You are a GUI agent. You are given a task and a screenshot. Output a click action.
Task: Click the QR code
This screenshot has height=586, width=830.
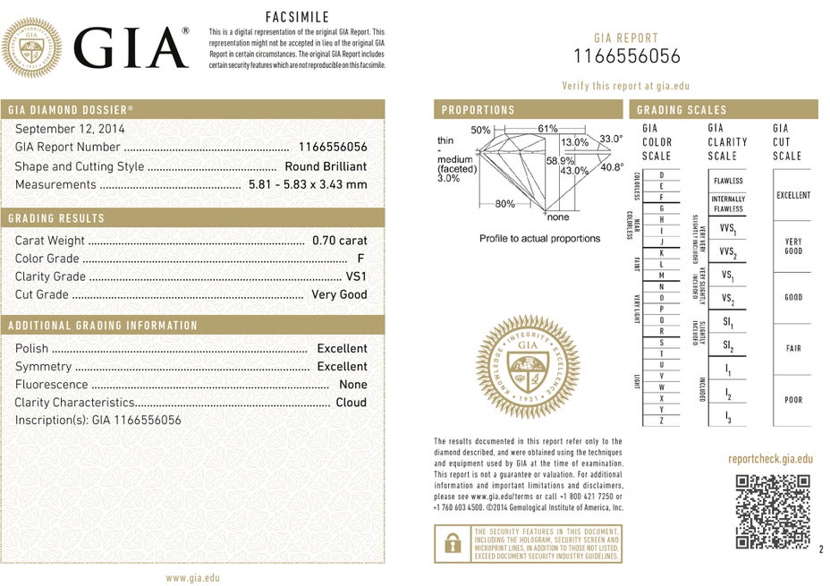coord(773,511)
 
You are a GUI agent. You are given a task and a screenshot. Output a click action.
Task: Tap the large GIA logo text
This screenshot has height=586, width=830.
coord(131,47)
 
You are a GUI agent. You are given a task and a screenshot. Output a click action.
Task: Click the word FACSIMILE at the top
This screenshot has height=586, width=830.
coord(298,17)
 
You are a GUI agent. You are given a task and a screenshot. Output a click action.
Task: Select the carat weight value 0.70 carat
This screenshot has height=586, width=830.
coord(339,241)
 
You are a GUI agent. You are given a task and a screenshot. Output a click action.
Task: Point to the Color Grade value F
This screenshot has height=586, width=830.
coord(360,259)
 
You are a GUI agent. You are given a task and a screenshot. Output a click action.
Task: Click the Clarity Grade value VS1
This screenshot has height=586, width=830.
coord(356,276)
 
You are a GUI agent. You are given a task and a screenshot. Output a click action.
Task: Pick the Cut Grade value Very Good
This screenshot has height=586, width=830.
coord(339,294)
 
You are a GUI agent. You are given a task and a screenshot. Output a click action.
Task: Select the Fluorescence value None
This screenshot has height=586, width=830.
coord(352,385)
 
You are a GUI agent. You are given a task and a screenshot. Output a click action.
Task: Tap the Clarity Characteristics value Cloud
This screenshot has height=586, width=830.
coord(351,403)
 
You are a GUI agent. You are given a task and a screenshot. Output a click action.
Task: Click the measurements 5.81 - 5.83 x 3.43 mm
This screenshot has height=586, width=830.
coord(307,184)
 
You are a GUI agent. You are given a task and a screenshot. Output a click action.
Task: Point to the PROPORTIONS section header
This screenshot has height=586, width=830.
coord(478,110)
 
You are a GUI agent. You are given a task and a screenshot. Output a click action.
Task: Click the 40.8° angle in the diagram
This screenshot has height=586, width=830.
coord(612,167)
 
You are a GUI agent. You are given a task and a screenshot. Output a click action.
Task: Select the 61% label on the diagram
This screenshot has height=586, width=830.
coord(547,130)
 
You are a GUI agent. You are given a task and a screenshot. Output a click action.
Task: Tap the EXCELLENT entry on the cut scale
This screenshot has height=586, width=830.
coord(793,195)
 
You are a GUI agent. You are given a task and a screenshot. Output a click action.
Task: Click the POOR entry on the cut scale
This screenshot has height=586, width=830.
coord(793,400)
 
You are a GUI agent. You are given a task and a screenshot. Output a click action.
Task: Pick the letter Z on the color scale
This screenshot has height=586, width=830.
coord(661,420)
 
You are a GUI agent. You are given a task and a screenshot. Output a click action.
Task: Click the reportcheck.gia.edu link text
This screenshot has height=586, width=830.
coord(770,459)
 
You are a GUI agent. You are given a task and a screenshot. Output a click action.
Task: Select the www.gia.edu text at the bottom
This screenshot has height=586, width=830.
coord(192,578)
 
